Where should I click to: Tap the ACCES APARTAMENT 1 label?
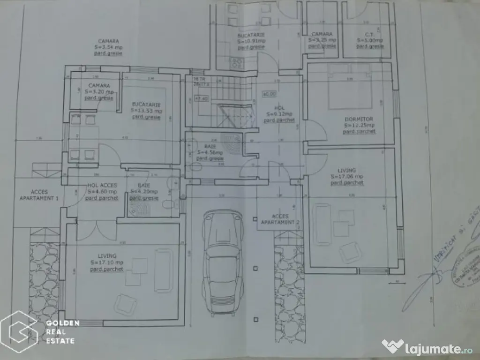[38, 195]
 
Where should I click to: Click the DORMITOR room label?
[359, 120]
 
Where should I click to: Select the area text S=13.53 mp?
[147, 111]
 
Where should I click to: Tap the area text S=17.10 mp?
[107, 262]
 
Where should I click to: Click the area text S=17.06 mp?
[347, 177]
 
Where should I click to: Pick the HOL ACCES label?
[102, 186]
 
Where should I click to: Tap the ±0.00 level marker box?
[269, 94]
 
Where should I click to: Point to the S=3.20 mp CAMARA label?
[99, 89]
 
